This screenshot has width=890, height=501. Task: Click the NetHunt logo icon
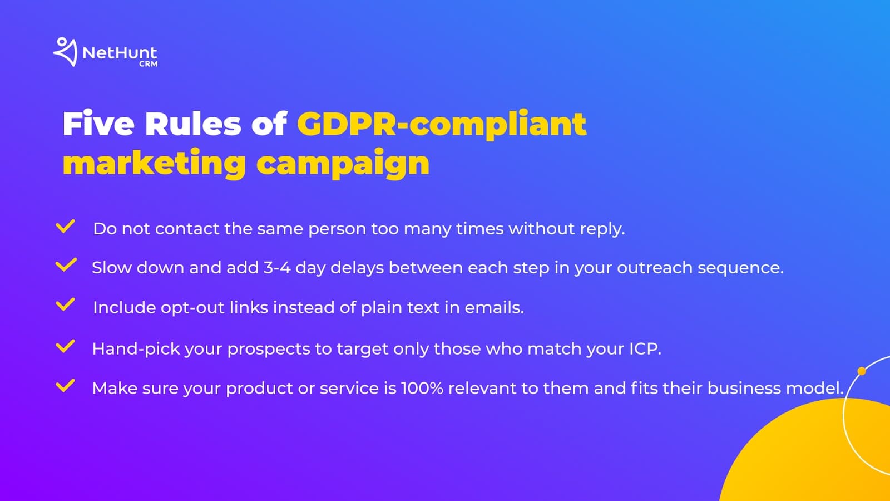click(x=65, y=52)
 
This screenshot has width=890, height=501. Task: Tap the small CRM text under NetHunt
click(x=148, y=63)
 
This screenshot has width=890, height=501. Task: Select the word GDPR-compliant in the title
click(x=442, y=125)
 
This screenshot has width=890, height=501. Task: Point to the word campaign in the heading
click(x=343, y=164)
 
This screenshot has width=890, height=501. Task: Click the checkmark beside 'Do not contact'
click(x=65, y=226)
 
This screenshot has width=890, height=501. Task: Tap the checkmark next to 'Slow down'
click(x=66, y=265)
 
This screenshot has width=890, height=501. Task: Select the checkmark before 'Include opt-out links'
click(x=65, y=304)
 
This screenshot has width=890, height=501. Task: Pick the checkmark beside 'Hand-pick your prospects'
click(x=65, y=346)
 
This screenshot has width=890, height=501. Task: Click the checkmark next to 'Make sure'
click(x=65, y=386)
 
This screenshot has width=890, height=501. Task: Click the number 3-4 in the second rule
click(x=277, y=268)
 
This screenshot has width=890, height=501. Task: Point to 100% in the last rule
click(x=422, y=389)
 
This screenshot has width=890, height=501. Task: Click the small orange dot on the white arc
click(x=862, y=371)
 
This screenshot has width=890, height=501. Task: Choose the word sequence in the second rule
click(x=740, y=268)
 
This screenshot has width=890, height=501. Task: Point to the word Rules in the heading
click(x=193, y=124)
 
